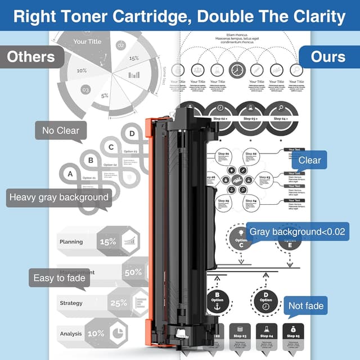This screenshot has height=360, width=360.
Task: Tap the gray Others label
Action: point(31,57)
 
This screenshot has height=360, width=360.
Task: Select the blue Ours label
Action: point(329,57)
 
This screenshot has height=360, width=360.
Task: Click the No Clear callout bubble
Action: point(61,131)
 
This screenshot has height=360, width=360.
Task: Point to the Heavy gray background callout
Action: point(58,197)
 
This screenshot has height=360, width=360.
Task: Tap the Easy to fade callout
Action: point(59,278)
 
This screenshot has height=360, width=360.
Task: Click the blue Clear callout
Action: point(309,160)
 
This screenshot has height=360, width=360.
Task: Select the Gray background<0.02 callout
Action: point(298,232)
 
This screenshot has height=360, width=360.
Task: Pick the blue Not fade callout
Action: point(306,306)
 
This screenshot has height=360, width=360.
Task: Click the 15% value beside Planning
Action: point(107,242)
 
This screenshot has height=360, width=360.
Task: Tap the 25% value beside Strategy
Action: point(119,303)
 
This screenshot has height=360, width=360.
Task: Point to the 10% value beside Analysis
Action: point(96,334)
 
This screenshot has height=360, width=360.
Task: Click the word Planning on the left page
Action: point(71,242)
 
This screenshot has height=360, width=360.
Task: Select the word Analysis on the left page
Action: point(71,334)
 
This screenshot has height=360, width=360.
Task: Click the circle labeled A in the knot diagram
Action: point(70,174)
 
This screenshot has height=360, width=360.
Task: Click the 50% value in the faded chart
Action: point(133,272)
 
